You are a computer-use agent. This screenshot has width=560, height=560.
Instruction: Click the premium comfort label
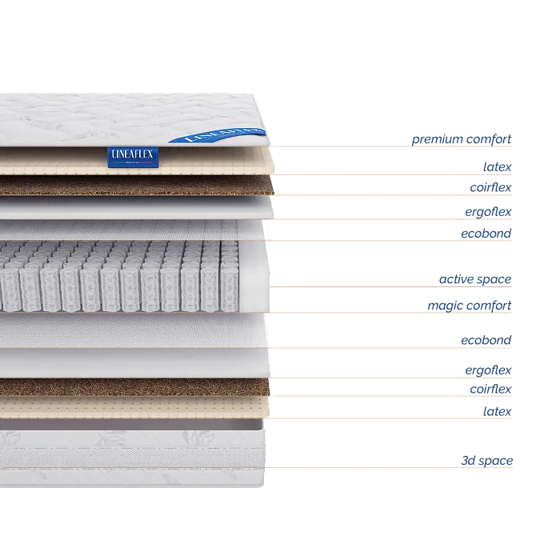click(461, 140)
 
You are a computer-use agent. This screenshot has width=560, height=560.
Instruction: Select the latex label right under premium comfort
click(496, 166)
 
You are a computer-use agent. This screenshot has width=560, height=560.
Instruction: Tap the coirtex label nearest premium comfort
click(490, 187)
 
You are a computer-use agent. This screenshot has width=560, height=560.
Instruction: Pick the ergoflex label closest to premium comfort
click(487, 211)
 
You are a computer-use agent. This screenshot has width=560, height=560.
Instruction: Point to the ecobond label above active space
click(485, 234)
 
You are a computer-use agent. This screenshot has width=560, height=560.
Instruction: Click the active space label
click(474, 280)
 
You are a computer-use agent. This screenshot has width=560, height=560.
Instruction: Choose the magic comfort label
click(468, 306)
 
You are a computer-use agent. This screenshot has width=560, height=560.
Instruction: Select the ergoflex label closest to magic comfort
click(487, 370)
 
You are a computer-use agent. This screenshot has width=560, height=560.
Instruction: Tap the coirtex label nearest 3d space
click(489, 390)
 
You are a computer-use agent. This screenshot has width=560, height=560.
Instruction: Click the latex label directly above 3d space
click(496, 410)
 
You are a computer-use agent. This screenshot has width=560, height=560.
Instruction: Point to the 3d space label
click(488, 461)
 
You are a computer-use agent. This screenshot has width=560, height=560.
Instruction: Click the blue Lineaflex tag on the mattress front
click(133, 156)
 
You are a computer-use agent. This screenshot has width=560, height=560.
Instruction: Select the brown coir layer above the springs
click(136, 187)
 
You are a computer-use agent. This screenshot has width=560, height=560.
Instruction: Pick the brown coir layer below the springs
click(136, 387)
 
